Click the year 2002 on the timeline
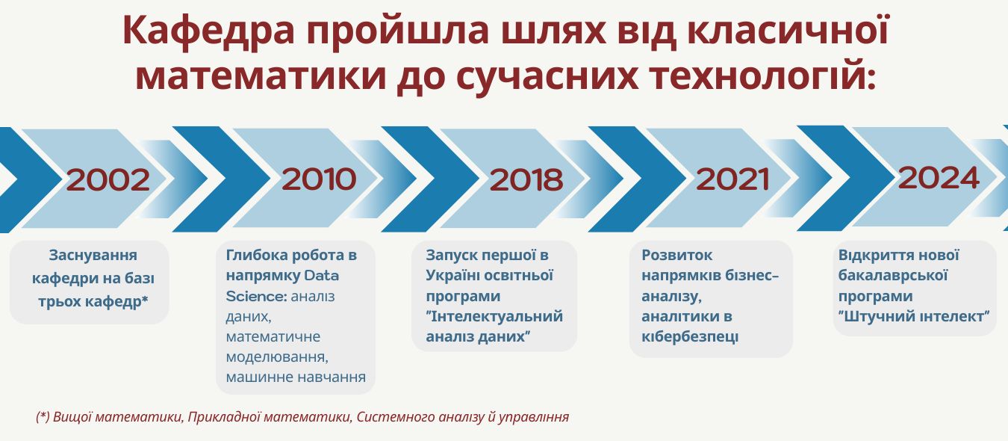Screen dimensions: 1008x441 coord(108,179)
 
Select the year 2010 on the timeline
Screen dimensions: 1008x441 coord(319,179)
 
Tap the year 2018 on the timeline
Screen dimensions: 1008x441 coord(526,179)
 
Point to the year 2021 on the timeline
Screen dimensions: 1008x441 coord(732,179)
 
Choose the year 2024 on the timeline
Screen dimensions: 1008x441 coord(939,178)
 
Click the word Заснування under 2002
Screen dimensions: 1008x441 coord(93,256)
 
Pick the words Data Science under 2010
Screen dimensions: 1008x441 coord(282,286)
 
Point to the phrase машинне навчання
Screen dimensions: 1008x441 coord(296,377)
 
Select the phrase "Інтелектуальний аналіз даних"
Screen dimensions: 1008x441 coord(494,327)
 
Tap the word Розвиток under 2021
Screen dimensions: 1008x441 coord(676,256)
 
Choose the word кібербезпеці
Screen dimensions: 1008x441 coord(690,337)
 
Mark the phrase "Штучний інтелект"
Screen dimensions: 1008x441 coord(913,316)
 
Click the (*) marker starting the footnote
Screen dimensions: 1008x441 coord(43,417)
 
